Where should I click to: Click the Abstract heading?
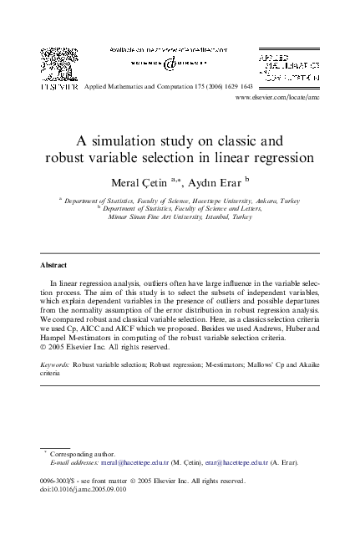click(54, 265)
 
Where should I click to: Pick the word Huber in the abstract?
click(273, 330)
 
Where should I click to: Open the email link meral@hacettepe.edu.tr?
click(134, 461)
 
